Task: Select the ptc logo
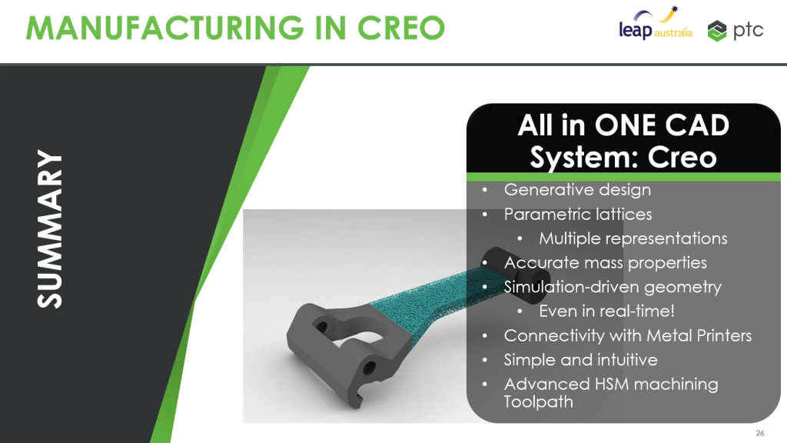[x=736, y=31]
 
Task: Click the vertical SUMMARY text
[x=51, y=229]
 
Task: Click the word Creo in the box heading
[x=682, y=157]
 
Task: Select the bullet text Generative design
[x=577, y=189]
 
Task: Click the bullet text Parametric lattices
[x=578, y=214]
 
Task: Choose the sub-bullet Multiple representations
[x=633, y=238]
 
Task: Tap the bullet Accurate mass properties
[x=605, y=262]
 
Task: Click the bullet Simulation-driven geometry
[x=613, y=287]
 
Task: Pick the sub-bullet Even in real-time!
[x=607, y=311]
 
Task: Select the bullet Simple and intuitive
[x=580, y=359]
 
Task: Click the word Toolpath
[x=538, y=401]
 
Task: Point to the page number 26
[x=760, y=431]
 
